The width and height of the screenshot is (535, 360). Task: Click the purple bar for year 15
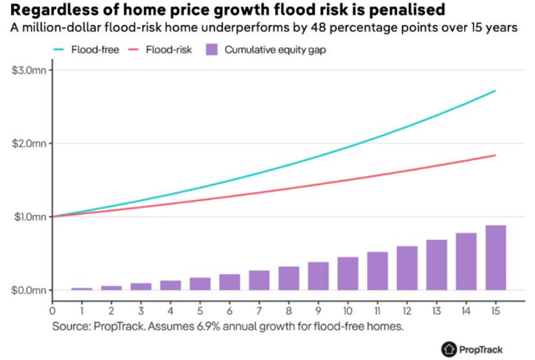pyautogui.click(x=496, y=257)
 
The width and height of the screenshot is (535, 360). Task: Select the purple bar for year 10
pyautogui.click(x=347, y=274)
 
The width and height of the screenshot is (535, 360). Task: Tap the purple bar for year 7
pyautogui.click(x=259, y=280)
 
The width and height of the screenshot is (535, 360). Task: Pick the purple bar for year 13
pyautogui.click(x=436, y=265)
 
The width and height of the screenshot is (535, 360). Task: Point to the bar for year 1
pyautogui.click(x=82, y=288)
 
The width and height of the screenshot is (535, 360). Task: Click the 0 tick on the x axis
pyautogui.click(x=52, y=310)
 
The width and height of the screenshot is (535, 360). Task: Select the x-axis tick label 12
pyautogui.click(x=407, y=310)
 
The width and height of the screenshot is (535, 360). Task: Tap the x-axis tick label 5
pyautogui.click(x=200, y=310)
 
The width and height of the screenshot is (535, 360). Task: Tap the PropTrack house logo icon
pyautogui.click(x=448, y=349)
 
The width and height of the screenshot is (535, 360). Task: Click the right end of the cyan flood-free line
pyautogui.click(x=495, y=91)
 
